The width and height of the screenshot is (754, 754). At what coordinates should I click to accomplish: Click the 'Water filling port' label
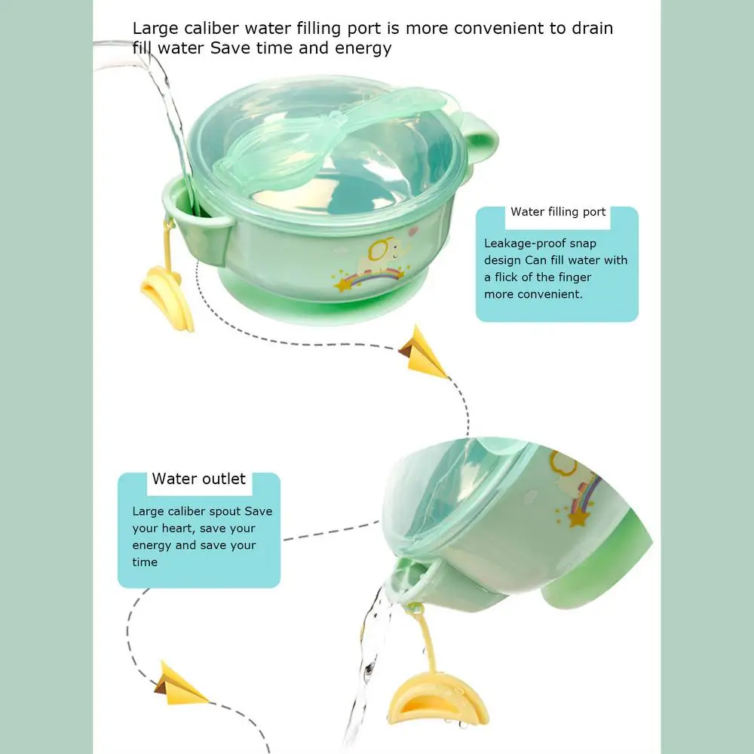point(558,212)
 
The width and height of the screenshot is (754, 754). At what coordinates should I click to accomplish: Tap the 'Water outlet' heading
point(198,479)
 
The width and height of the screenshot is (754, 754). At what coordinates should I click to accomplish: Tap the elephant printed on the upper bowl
point(385,254)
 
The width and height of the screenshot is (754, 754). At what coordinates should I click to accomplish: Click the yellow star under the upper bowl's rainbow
point(343,284)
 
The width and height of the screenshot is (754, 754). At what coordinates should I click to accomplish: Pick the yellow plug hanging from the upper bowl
point(167,298)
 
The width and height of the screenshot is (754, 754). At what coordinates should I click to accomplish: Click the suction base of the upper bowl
point(324,298)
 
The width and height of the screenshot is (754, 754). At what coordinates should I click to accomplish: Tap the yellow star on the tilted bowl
point(578,519)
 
